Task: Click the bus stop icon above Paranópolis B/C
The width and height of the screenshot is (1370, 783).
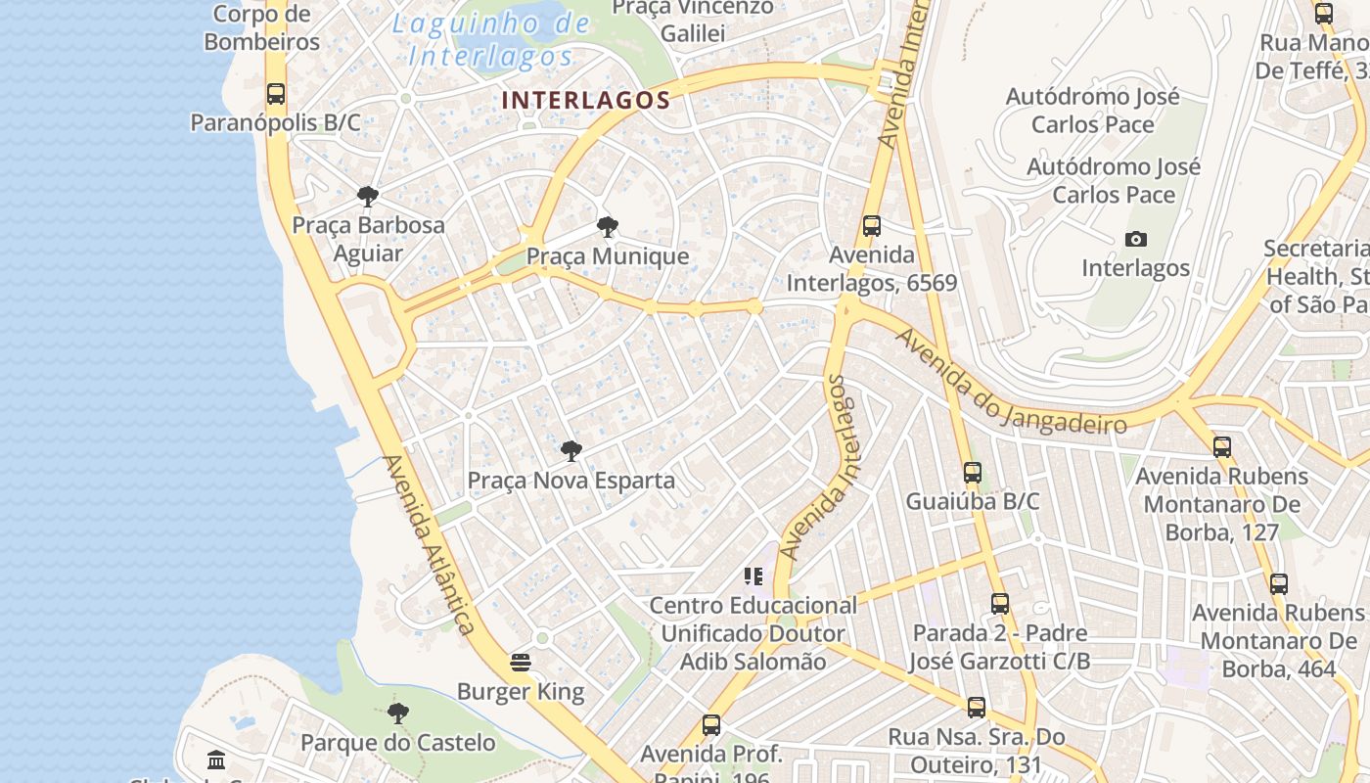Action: click(276, 94)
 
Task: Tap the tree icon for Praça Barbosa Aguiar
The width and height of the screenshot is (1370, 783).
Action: click(368, 197)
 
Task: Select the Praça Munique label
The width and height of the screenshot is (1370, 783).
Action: click(608, 256)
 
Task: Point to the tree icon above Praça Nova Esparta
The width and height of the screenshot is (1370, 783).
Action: click(571, 451)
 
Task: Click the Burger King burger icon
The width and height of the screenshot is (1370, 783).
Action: click(521, 663)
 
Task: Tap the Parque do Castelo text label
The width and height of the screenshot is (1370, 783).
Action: click(397, 742)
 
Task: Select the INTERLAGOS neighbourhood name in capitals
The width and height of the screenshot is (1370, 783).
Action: click(586, 100)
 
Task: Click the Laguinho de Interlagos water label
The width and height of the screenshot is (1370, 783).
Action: click(491, 40)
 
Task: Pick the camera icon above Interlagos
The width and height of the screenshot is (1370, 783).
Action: click(1135, 239)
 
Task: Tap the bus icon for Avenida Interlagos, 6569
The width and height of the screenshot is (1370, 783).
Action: click(872, 226)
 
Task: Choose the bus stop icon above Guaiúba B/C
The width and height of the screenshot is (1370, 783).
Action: click(972, 473)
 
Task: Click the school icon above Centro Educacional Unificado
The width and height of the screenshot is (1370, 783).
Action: click(753, 576)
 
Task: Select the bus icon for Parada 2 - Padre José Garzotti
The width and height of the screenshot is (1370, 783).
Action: click(999, 604)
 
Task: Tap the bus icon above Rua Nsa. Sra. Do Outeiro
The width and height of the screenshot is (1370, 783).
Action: click(976, 707)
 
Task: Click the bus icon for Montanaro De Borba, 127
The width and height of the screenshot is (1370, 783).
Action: click(1221, 447)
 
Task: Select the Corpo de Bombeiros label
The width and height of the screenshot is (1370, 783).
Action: click(261, 27)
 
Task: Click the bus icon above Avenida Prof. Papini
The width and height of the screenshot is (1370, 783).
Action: click(711, 725)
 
